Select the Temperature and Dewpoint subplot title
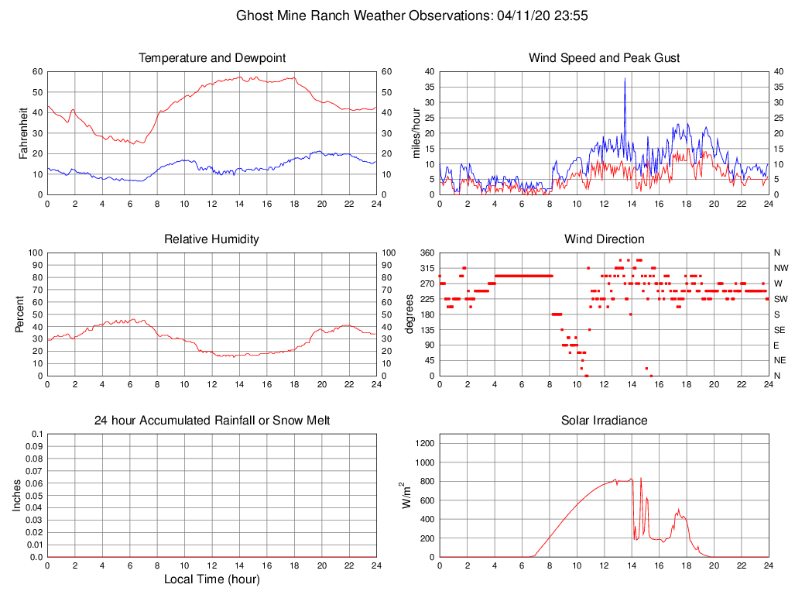tap(212, 58)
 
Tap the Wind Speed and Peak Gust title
tap(604, 58)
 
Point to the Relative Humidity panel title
tap(212, 239)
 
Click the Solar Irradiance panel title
tap(604, 421)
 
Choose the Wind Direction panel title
tap(604, 239)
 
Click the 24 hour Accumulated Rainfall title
tap(212, 421)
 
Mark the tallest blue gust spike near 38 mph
tap(625, 79)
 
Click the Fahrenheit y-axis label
tap(23, 132)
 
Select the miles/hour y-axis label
tap(416, 132)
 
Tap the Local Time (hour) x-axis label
tap(212, 579)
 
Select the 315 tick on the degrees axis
tap(427, 268)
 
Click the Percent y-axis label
tap(19, 314)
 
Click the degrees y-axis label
tap(411, 314)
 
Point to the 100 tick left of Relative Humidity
tap(35, 253)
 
